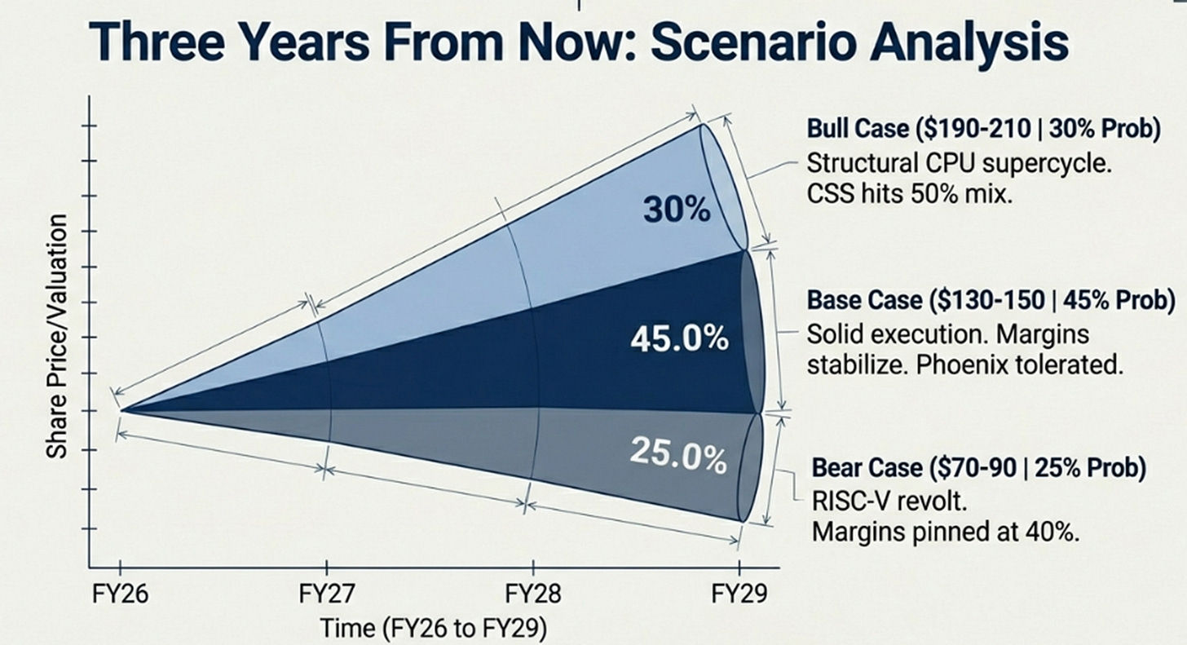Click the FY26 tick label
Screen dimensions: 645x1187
[120, 594]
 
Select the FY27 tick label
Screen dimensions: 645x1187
[326, 594]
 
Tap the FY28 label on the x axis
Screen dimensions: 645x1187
[533, 594]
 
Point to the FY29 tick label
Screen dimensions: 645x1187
[740, 594]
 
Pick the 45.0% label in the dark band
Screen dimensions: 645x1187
[679, 338]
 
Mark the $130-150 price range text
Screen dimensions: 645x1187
[986, 301]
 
